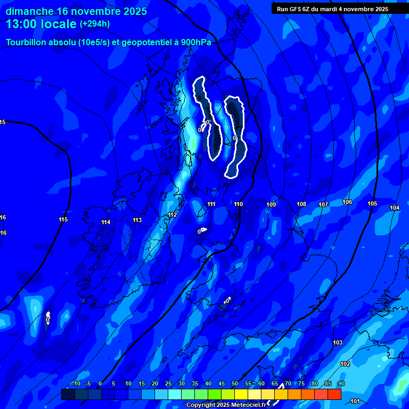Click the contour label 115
(x=63, y=219)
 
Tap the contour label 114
(x=106, y=222)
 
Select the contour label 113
(x=137, y=220)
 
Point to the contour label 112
(x=172, y=215)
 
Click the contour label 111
(x=211, y=204)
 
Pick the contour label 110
(x=238, y=204)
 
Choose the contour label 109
(x=271, y=204)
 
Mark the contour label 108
(x=301, y=204)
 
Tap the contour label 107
(x=323, y=204)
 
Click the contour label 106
(x=347, y=202)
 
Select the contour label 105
(x=372, y=203)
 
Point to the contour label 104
(x=395, y=208)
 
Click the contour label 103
(x=337, y=342)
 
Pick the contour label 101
(x=355, y=400)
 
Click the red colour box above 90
(x=334, y=394)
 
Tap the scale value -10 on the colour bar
(x=75, y=384)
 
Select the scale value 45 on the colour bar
(x=221, y=384)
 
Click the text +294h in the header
(x=96, y=24)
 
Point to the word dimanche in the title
(x=29, y=11)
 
